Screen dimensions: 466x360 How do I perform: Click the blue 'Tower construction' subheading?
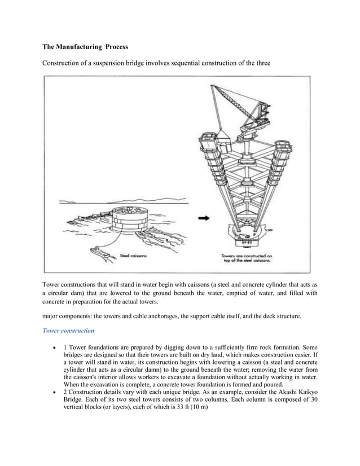68,330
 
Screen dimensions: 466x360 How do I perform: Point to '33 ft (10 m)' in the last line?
191,423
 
